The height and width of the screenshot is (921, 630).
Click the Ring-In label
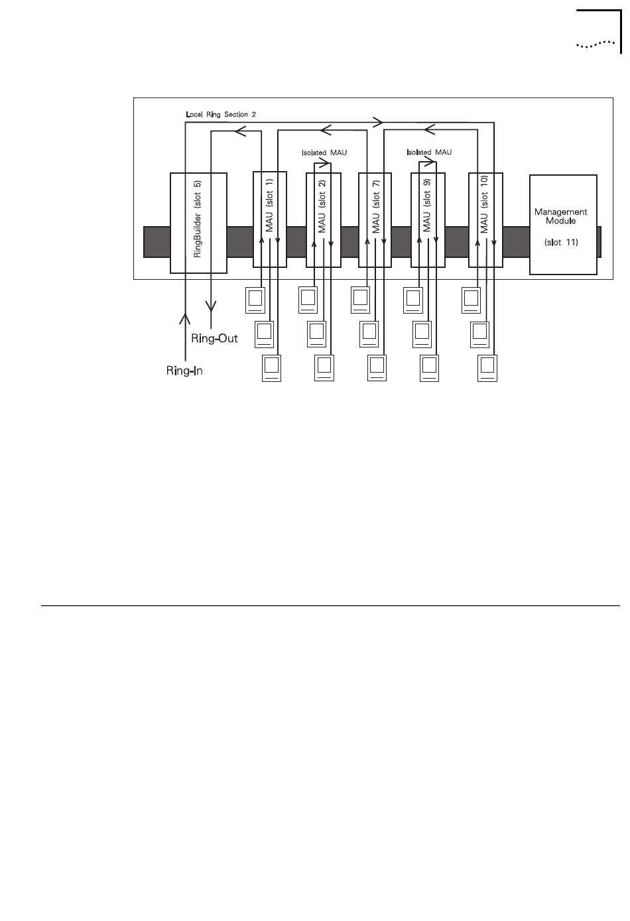(184, 371)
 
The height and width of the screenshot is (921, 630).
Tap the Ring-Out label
(214, 338)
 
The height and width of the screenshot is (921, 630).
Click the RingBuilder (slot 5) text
(197, 222)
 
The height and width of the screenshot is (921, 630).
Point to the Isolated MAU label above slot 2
(324, 153)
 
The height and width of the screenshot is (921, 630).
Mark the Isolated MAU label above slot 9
(429, 152)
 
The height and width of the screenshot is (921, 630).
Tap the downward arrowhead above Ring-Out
(211, 306)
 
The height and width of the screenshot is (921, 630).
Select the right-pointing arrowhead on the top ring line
(377, 121)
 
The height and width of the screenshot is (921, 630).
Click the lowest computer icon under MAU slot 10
(487, 368)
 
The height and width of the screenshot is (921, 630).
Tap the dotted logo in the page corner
(595, 45)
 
